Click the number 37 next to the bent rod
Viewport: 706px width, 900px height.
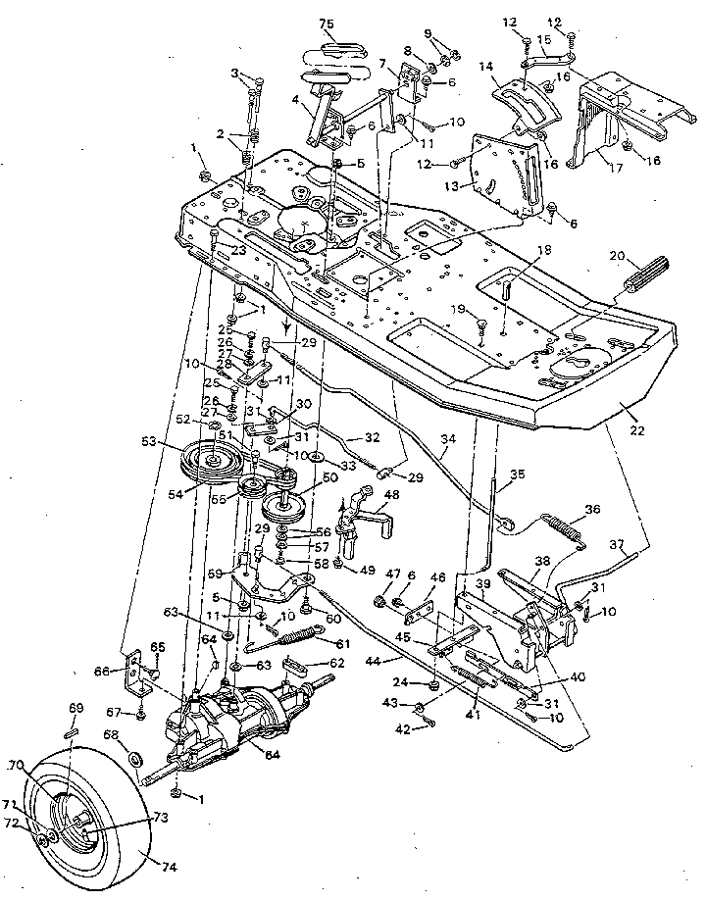point(617,545)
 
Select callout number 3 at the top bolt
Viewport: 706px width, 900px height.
point(234,73)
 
